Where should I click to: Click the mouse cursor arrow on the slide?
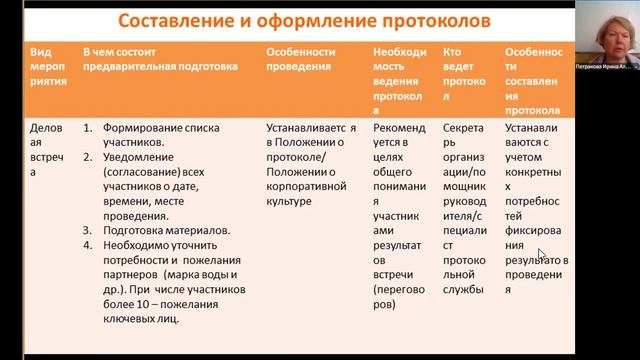[541, 254]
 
